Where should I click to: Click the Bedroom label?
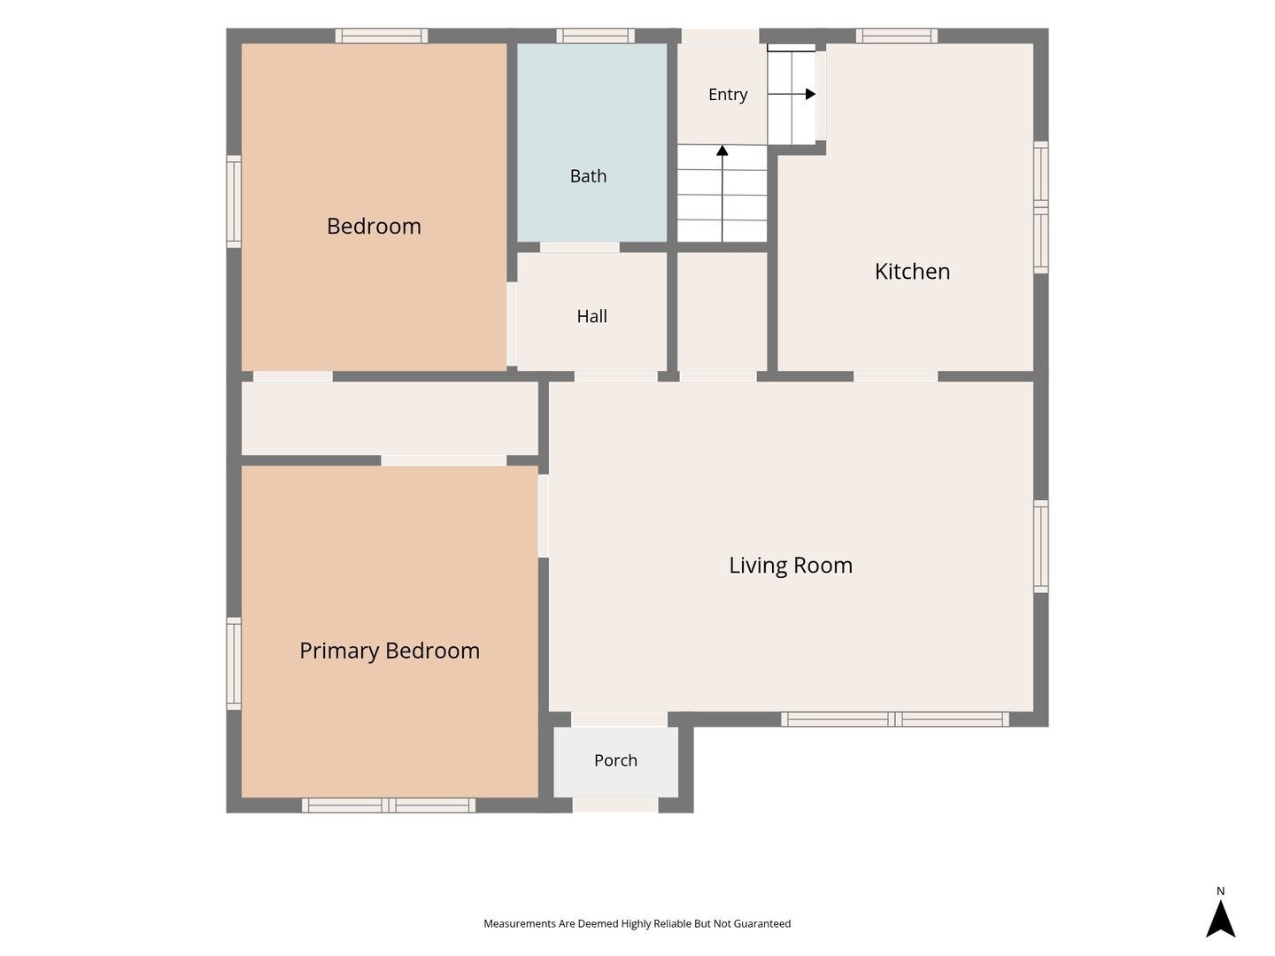tap(374, 226)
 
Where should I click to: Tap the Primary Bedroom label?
tap(390, 651)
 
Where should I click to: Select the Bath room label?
tap(588, 176)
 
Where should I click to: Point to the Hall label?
tap(592, 316)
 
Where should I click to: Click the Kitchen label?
tap(912, 272)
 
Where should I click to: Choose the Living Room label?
tap(791, 566)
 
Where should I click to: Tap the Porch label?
tap(615, 760)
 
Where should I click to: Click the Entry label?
tap(728, 94)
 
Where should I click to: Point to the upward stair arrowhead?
tap(722, 150)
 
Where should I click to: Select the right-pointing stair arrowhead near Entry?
tap(810, 94)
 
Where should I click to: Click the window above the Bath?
tap(595, 36)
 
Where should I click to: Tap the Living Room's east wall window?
tap(1041, 547)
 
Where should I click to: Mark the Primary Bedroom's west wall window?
tap(234, 664)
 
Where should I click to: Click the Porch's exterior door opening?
tap(615, 806)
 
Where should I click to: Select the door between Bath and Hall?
tap(580, 247)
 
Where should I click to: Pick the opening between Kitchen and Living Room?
tap(895, 376)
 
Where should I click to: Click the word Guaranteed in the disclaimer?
tap(762, 923)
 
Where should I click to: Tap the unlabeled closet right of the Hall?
tap(722, 312)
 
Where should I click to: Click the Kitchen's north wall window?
tap(896, 36)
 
